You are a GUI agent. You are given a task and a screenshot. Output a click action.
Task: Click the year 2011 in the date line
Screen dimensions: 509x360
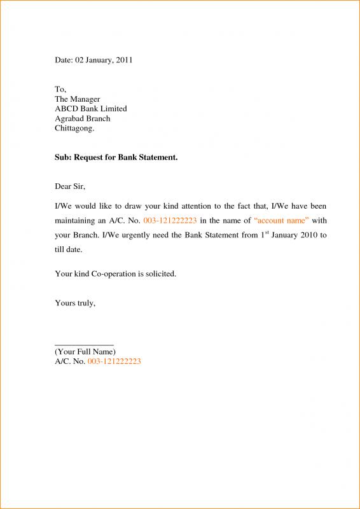[123, 60]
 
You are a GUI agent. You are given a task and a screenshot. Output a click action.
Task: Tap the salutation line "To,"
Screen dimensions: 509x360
[60, 90]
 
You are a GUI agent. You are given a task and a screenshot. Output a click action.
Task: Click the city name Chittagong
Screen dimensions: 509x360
[74, 128]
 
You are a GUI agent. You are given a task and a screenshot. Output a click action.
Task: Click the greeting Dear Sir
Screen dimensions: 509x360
[69, 186]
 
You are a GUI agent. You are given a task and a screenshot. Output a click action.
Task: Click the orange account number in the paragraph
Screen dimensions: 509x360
[170, 221]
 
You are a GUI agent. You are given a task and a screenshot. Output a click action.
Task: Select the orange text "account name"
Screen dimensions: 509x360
[281, 221]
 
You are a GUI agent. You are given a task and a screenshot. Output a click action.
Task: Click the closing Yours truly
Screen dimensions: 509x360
[75, 303]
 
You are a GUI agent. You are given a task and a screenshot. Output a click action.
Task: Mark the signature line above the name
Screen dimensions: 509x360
[84, 344]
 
